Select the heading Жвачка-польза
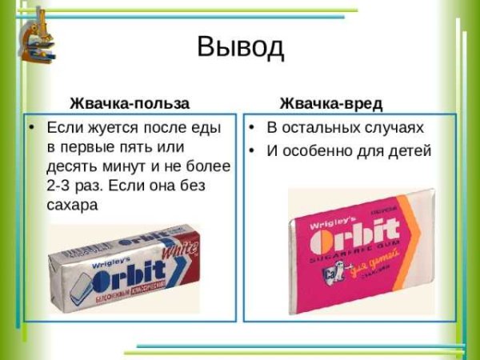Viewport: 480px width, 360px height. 130,103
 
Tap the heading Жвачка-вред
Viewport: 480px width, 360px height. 330,103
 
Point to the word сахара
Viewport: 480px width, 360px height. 71,204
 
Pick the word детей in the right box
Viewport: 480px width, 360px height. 410,150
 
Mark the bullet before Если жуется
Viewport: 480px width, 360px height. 31,128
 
